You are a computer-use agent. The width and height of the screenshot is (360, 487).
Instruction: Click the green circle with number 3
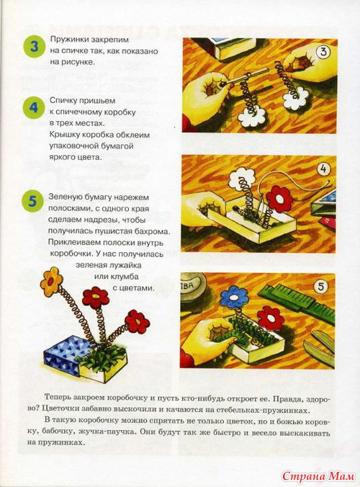tap(34, 47)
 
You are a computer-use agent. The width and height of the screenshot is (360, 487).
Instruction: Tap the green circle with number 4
tap(34, 107)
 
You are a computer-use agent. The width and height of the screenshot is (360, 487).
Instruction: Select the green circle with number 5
tap(33, 201)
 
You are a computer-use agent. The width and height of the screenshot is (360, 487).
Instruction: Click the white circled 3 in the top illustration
tap(323, 52)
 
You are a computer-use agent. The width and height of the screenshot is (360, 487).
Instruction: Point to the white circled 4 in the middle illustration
tap(323, 169)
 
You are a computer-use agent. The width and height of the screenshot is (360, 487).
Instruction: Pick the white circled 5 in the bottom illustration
tap(320, 286)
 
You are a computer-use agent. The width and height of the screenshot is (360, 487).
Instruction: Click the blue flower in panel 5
tap(234, 298)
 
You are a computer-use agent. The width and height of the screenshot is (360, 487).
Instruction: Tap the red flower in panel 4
tap(279, 199)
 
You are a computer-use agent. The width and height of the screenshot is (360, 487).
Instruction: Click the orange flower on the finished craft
tap(51, 280)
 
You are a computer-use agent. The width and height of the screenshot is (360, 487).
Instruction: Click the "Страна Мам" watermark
tap(318, 475)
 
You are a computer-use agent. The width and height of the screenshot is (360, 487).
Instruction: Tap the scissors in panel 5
tap(318, 348)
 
